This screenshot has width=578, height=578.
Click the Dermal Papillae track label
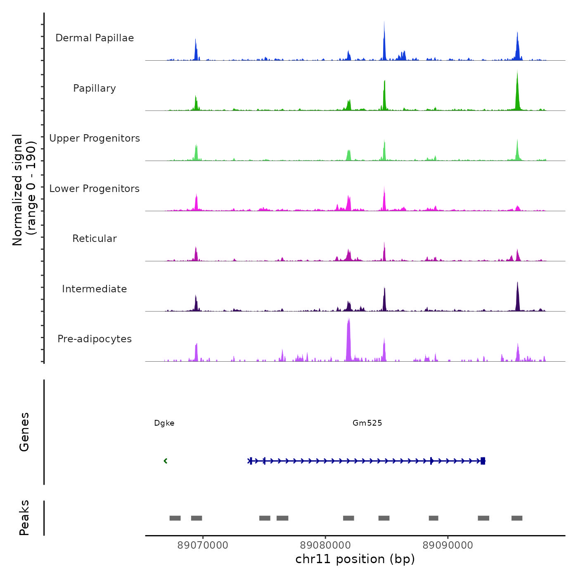click(95, 38)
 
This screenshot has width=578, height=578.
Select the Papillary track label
click(95, 88)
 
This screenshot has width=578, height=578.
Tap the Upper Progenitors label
click(95, 138)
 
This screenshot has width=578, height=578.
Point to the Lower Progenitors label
click(95, 189)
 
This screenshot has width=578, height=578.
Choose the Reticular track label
click(95, 239)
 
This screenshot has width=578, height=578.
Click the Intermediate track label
click(95, 289)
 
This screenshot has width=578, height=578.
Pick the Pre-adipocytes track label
click(95, 339)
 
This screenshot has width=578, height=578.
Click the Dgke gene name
click(164, 423)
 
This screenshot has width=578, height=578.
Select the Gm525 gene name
click(367, 423)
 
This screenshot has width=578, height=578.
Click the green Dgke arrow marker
click(166, 461)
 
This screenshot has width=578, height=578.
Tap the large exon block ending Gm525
click(483, 461)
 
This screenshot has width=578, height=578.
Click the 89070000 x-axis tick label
click(203, 545)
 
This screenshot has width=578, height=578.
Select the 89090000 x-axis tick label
click(448, 545)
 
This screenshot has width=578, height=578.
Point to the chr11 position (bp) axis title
click(355, 559)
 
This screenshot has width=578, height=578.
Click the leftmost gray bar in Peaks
click(175, 518)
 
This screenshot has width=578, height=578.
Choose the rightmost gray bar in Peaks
click(517, 518)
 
